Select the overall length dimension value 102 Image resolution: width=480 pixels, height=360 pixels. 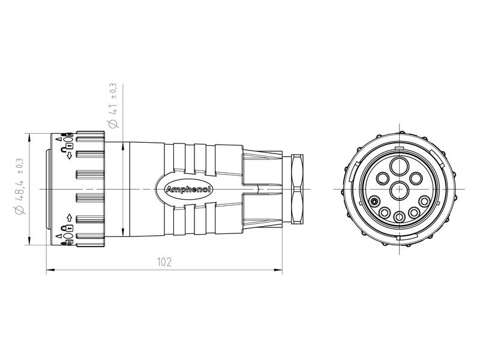point(164,262)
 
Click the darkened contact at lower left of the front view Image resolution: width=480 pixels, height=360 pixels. point(374,202)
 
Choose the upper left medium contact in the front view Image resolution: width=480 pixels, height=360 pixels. point(382,177)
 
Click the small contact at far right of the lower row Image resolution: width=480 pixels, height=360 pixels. point(424,202)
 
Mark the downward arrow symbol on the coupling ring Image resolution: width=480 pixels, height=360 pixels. point(70,155)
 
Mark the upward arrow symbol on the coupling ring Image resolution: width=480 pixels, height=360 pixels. point(70,218)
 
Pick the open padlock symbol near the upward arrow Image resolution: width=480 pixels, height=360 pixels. point(70,229)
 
